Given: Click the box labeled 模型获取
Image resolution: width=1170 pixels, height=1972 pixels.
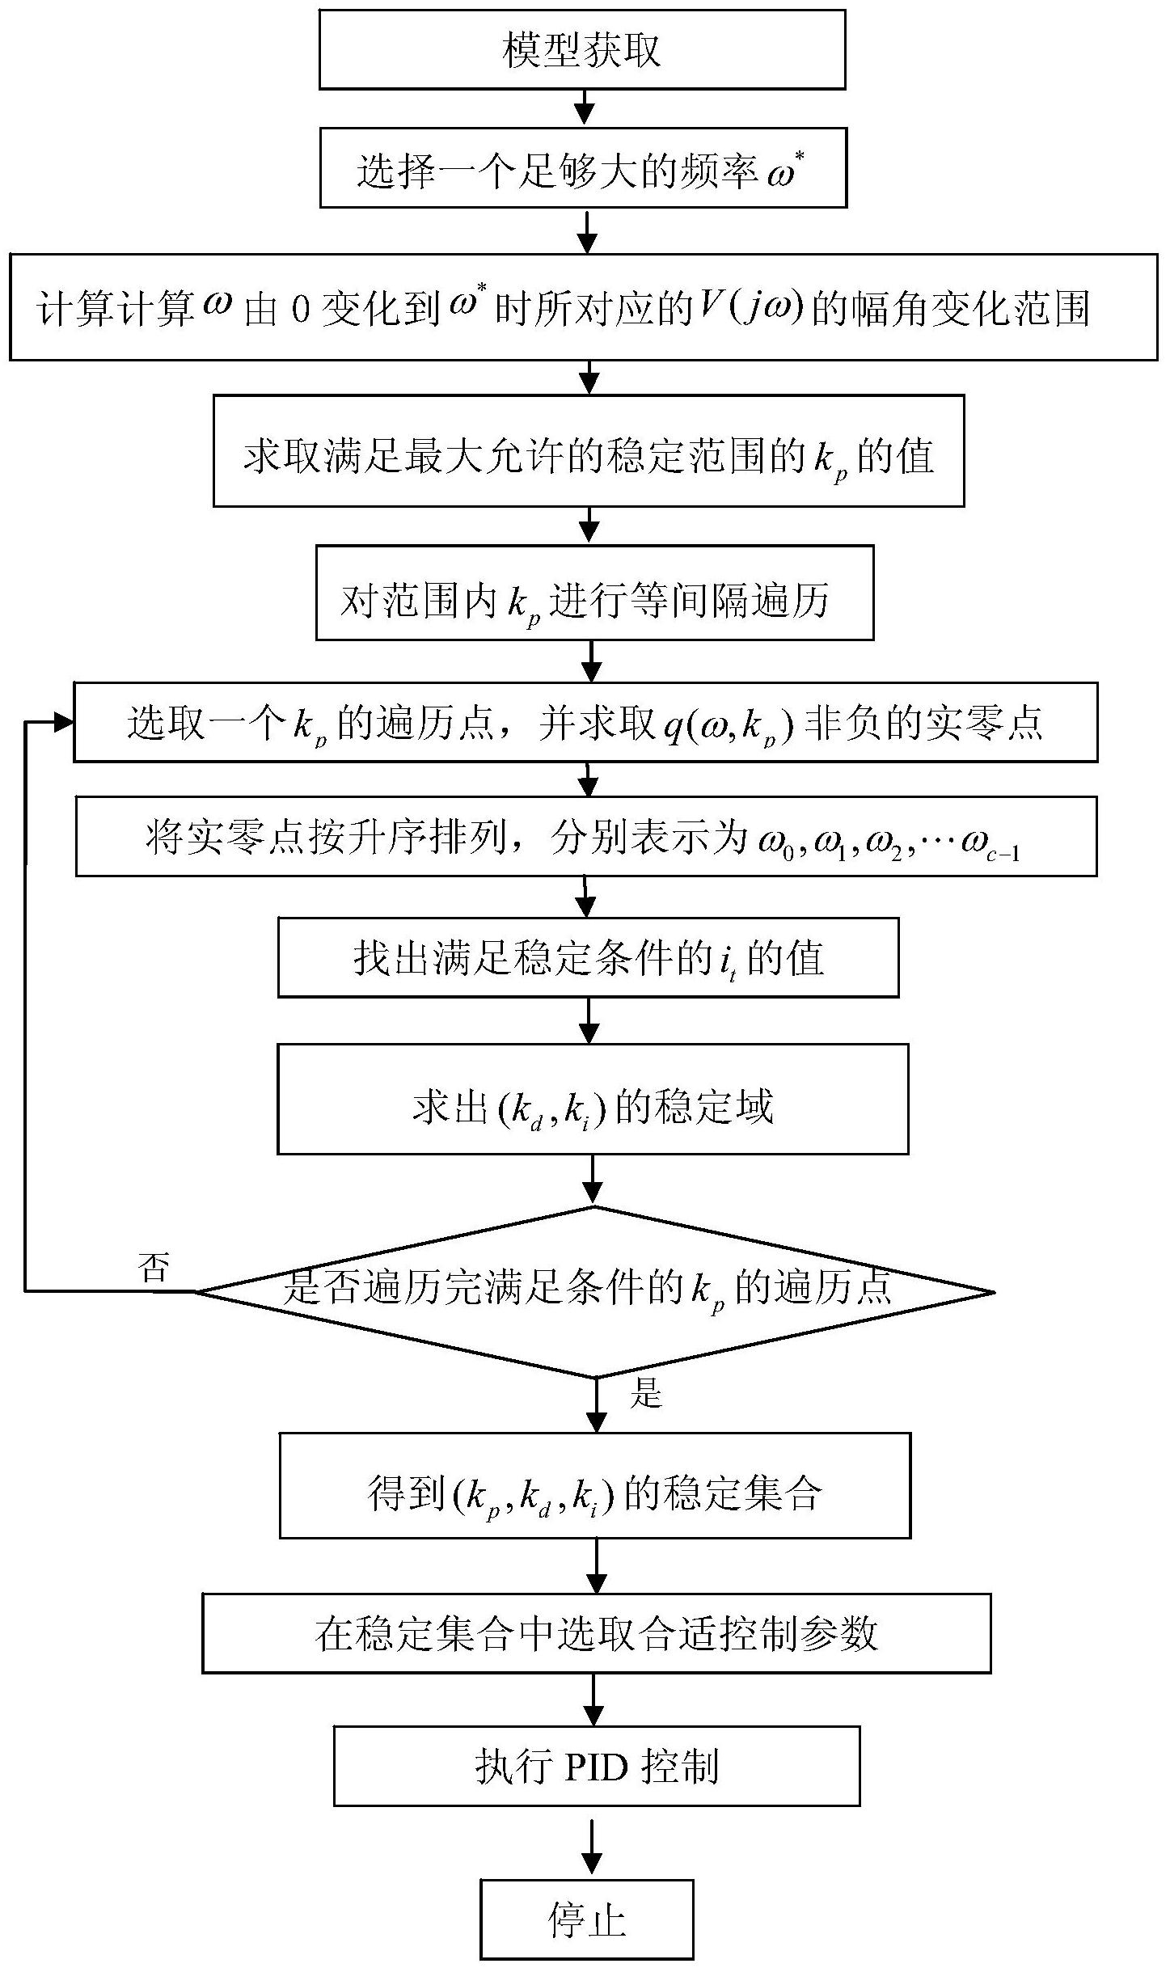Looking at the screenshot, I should pyautogui.click(x=581, y=49).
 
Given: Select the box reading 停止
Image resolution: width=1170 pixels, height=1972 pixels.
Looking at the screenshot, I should pyautogui.click(x=587, y=1919).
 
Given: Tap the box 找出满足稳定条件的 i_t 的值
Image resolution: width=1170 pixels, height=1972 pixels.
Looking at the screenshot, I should pyautogui.click(x=588, y=957).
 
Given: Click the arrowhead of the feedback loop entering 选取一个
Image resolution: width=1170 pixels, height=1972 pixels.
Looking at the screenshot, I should pyautogui.click(x=63, y=723).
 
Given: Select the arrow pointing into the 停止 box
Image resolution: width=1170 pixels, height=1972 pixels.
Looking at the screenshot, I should pyautogui.click(x=593, y=1856).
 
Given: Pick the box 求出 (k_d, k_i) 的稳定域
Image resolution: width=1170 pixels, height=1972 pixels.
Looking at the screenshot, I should pyautogui.click(x=593, y=1099).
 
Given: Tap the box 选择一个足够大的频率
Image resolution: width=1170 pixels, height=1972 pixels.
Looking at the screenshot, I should pyautogui.click(x=583, y=168).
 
